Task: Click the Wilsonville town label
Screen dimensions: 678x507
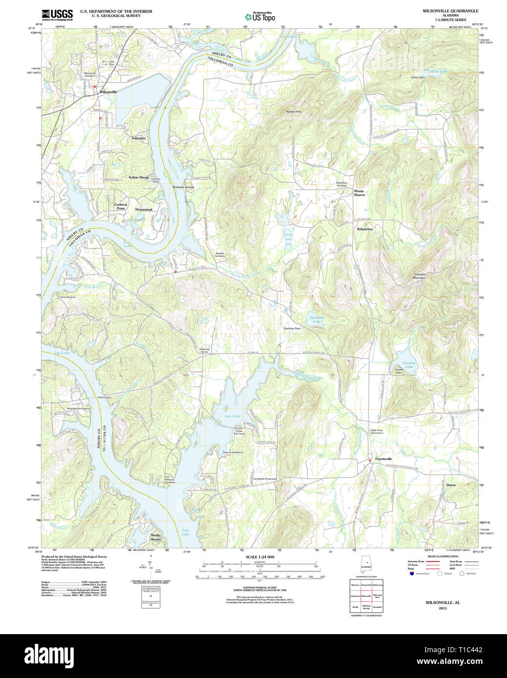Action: [x=108, y=92]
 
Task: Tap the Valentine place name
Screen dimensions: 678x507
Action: [x=139, y=139]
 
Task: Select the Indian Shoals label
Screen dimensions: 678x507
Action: [x=139, y=178]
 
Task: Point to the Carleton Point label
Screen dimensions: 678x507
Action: [x=121, y=206]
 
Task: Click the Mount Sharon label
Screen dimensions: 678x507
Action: [x=359, y=193]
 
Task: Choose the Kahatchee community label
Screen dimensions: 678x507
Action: [x=365, y=229]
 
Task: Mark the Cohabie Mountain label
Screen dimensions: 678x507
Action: [x=420, y=276]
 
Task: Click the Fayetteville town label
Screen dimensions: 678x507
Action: [x=384, y=459]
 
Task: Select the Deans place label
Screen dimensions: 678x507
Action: [x=451, y=485]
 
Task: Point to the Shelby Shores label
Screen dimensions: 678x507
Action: [x=156, y=537]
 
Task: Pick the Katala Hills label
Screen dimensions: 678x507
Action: [x=294, y=112]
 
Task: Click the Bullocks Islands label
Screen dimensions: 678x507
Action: [x=183, y=187]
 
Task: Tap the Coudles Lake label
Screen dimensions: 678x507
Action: [x=409, y=364]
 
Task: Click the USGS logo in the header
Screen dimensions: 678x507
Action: [x=57, y=15]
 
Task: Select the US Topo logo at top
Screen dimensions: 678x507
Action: [x=260, y=17]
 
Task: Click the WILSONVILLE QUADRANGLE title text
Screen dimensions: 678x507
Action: [x=450, y=11]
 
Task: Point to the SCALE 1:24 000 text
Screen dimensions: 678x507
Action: [x=260, y=557]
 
